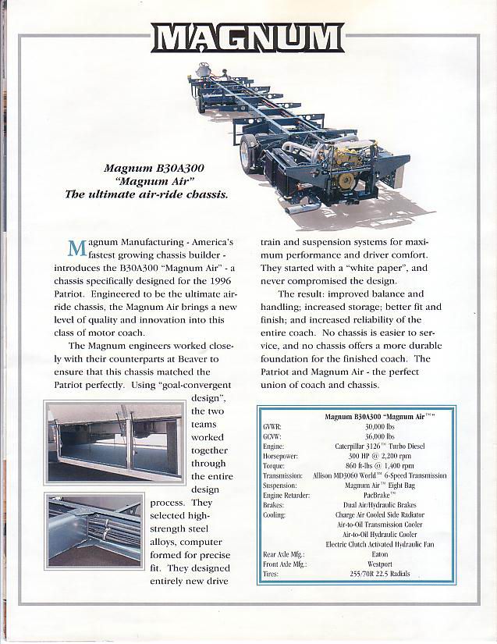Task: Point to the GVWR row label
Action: click(273, 427)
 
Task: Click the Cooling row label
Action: click(275, 514)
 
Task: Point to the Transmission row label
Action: click(282, 475)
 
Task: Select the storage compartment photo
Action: click(115, 441)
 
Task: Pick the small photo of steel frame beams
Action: click(94, 529)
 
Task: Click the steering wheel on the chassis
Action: click(204, 69)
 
